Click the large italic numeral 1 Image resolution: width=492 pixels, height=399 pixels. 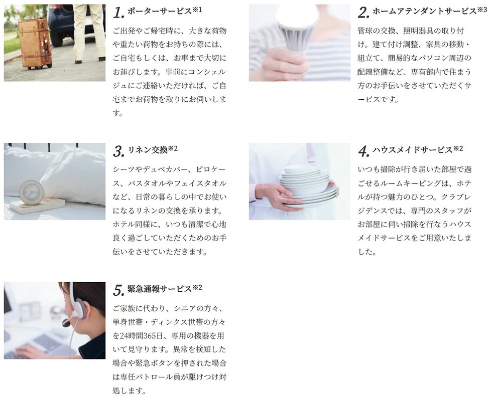coord(118,13)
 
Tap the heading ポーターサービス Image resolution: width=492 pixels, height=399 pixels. coord(160,11)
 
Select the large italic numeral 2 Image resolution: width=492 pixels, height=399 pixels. coord(363,13)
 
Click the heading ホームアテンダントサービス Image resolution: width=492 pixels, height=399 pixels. coord(425,11)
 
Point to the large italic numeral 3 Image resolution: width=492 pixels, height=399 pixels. coord(118,151)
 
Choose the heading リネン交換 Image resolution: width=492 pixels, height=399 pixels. coord(148,150)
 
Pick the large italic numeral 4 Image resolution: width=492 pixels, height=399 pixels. coord(363,151)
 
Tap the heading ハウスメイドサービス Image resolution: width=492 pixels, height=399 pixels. coord(413,150)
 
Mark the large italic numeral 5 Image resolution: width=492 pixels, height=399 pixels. coord(118,291)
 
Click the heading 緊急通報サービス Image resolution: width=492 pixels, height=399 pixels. coord(160,289)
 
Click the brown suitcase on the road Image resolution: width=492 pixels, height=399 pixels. coord(35,43)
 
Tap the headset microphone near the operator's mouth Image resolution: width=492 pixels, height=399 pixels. coord(67,323)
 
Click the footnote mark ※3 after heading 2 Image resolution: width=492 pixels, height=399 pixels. coord(482,10)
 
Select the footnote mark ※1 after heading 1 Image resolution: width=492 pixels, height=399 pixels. coord(197,10)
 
